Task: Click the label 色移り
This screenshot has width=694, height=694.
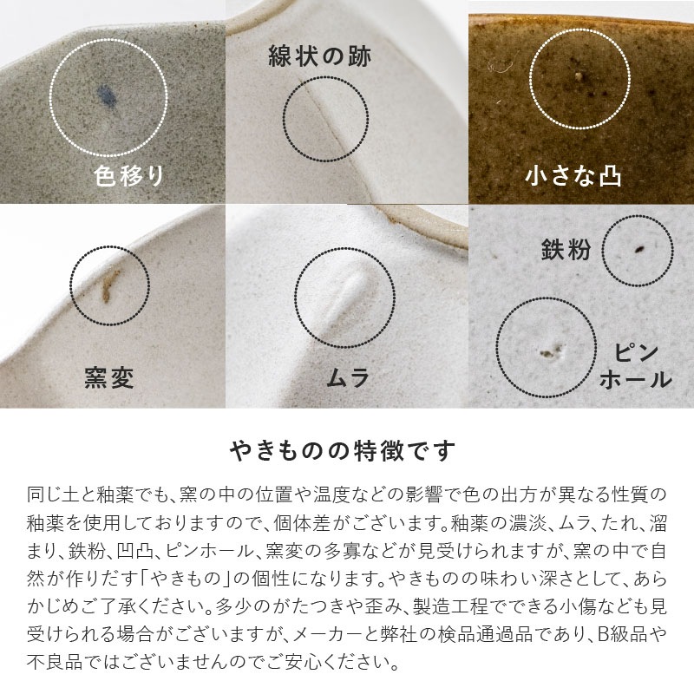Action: pyautogui.click(x=128, y=176)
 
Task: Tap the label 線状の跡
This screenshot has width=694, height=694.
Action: pyautogui.click(x=318, y=57)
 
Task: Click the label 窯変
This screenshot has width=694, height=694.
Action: pyautogui.click(x=109, y=378)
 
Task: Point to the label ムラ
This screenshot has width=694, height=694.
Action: pyautogui.click(x=348, y=378)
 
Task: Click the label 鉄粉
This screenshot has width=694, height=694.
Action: pyautogui.click(x=566, y=251)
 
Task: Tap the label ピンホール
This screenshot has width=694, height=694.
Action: pyautogui.click(x=636, y=366)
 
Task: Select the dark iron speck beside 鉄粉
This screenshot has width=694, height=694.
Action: pyautogui.click(x=638, y=250)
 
